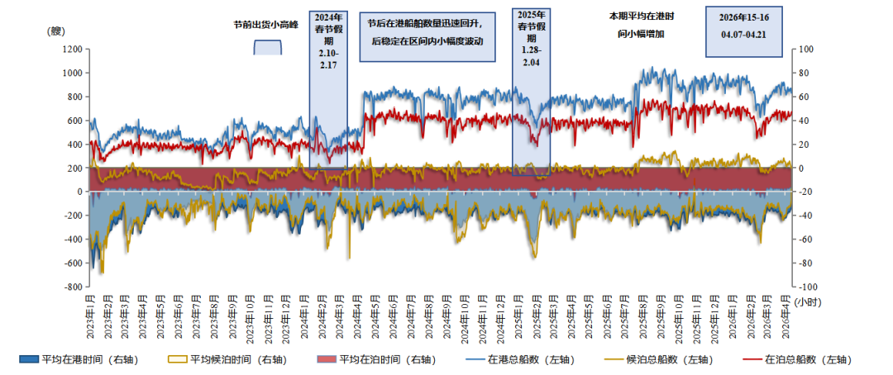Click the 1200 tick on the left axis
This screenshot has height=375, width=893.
[69, 49]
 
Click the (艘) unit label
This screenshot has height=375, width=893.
[56, 31]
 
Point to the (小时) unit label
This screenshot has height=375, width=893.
[811, 302]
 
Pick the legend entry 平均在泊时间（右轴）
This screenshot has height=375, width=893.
[373, 359]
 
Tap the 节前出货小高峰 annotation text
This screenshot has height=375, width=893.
[266, 25]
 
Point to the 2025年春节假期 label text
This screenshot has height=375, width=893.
[532, 38]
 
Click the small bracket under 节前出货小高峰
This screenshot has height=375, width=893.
[267, 47]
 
